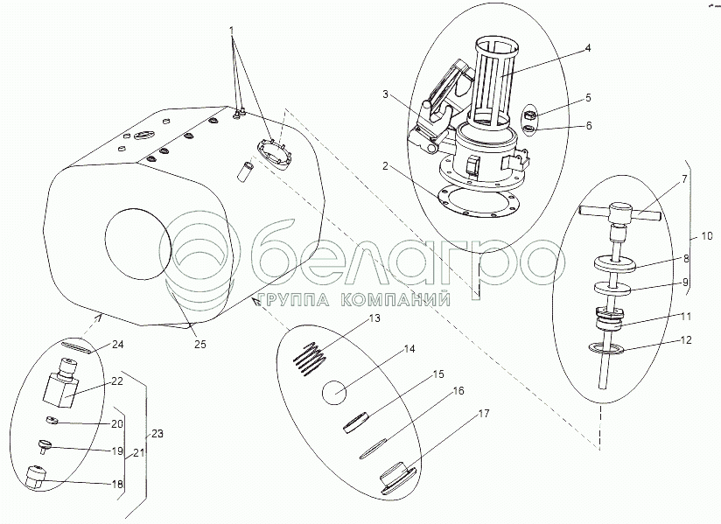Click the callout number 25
(x=200, y=344)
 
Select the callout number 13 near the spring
(x=374, y=318)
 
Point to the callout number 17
(x=484, y=414)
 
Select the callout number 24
(x=118, y=345)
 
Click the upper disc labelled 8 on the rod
(x=614, y=264)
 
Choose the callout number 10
(x=706, y=236)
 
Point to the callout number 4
(x=588, y=48)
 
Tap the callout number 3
(x=386, y=94)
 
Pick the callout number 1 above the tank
(x=232, y=31)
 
